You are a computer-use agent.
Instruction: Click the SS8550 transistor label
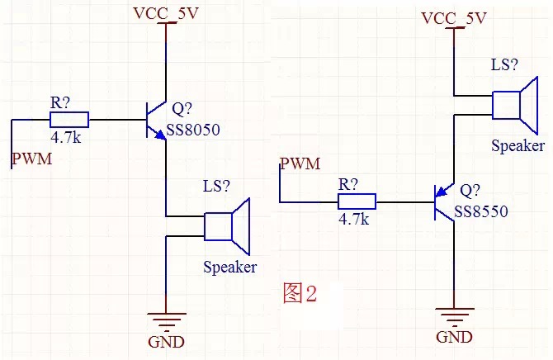pos(484,211)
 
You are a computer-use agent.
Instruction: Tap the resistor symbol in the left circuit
pos(70,121)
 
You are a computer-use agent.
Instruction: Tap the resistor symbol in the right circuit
pos(357,201)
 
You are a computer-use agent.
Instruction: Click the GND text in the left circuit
pos(166,342)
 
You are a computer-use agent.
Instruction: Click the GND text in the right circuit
pos(453,337)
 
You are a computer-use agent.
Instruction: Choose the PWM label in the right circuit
pos(300,163)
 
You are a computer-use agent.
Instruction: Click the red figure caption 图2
pos(300,294)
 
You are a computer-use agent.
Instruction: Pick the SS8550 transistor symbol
pos(445,201)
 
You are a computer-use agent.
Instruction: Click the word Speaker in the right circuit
pos(518,145)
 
